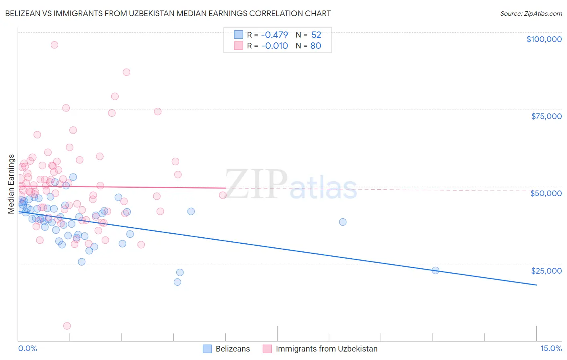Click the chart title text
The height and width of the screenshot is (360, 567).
[x=168, y=14]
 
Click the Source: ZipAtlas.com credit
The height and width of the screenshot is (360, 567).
[x=531, y=14]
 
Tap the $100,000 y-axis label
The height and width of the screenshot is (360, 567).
[x=544, y=39]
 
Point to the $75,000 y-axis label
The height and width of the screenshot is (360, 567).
[x=546, y=116]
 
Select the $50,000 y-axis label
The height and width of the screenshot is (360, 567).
[x=546, y=193]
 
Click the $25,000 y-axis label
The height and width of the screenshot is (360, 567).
[x=546, y=271]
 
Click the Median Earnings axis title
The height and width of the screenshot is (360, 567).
[x=11, y=184]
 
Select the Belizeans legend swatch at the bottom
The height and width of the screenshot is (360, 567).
[x=207, y=349]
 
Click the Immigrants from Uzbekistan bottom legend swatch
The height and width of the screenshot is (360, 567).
[x=267, y=349]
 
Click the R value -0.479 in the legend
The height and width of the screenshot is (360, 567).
[x=275, y=35]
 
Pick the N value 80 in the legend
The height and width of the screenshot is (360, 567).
[x=316, y=46]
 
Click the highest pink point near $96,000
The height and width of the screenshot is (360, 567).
[x=54, y=45]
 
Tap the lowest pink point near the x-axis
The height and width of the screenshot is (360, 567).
[x=67, y=326]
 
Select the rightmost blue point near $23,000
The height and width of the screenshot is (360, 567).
[x=436, y=270]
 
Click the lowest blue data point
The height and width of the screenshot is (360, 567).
[x=177, y=282]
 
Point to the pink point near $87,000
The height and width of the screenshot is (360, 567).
[x=127, y=72]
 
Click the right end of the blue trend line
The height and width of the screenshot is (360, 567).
[x=536, y=285]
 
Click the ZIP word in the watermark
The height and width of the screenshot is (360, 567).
[x=256, y=184]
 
